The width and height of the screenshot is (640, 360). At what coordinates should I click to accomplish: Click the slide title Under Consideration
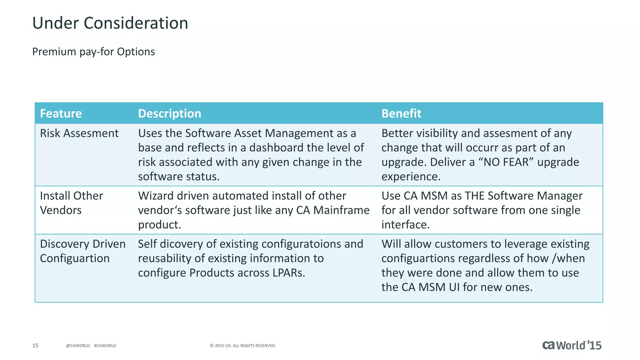tap(110, 23)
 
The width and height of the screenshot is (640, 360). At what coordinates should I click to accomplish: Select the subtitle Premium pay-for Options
tap(93, 52)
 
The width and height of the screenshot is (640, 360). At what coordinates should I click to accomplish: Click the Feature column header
tap(61, 113)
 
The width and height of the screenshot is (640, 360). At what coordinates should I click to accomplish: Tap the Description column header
tap(169, 113)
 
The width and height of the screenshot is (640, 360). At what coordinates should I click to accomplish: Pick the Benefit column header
tap(401, 113)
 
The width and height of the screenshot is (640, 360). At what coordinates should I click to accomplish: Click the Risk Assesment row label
tap(79, 133)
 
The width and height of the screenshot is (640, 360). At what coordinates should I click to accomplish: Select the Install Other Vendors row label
tap(71, 203)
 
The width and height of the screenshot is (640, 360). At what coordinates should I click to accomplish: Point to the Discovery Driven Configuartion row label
tap(82, 251)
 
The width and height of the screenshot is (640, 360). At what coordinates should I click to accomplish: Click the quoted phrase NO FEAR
tap(506, 162)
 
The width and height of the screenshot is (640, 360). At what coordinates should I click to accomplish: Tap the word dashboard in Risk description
tap(276, 148)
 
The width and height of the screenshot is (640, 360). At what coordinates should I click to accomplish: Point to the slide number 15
tap(35, 346)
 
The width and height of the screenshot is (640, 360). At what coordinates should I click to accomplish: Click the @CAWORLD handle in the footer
tap(78, 346)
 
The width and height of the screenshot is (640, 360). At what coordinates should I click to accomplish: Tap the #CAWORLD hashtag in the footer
tap(105, 346)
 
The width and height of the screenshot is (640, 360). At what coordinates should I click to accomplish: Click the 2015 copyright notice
tap(243, 346)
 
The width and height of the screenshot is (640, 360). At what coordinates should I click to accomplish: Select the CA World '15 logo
tap(572, 345)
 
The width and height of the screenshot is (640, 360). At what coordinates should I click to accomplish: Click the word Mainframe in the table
tap(341, 210)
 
